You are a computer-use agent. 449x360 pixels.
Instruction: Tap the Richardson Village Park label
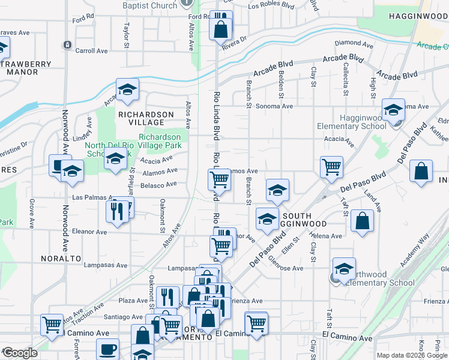pyautogui.click(x=160, y=141)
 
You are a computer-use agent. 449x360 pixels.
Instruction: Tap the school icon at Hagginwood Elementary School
pyautogui.click(x=393, y=110)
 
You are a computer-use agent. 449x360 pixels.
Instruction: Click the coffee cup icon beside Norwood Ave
pyautogui.click(x=56, y=165)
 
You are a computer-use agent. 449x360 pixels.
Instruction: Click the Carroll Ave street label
pyautogui.click(x=91, y=51)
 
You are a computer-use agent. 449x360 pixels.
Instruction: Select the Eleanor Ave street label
pyautogui.click(x=88, y=231)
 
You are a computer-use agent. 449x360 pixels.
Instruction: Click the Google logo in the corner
pyautogui.click(x=20, y=353)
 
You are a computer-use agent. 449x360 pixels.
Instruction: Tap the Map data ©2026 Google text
pyautogui.click(x=412, y=355)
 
